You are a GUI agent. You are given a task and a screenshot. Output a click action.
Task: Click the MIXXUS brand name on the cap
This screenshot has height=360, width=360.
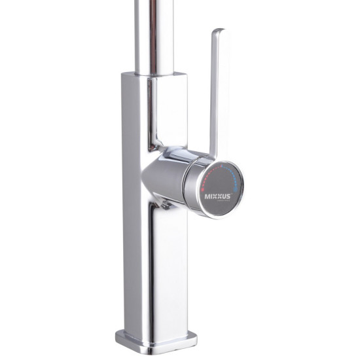(217, 196)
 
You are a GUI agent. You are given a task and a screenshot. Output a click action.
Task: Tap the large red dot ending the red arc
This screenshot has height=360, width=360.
(203, 190)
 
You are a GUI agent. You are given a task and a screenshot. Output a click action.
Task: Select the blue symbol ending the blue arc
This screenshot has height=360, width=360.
(236, 189)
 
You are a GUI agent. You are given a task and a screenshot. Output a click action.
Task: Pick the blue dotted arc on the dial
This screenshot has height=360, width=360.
(232, 175)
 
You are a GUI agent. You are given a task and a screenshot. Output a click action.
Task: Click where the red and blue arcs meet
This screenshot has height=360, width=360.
(221, 166)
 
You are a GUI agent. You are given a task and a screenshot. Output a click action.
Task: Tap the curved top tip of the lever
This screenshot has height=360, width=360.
(219, 29)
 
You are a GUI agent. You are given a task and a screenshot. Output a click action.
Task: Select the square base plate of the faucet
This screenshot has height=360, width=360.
(156, 342)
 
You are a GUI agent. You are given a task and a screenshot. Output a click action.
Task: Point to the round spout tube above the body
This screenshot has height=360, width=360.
(154, 37)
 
